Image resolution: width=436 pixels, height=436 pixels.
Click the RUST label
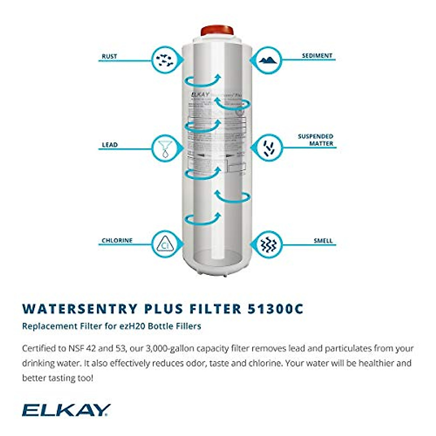pyautogui.click(x=109, y=56)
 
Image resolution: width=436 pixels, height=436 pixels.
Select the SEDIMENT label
pyautogui.click(x=317, y=56)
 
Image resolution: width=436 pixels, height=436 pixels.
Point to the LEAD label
pyautogui.click(x=110, y=145)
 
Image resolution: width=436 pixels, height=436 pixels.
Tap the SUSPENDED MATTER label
pyautogui.click(x=315, y=140)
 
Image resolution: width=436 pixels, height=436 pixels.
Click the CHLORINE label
pyautogui.click(x=117, y=241)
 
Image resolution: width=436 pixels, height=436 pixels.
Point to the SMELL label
pyautogui.click(x=323, y=241)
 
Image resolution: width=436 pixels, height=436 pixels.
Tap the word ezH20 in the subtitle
pyautogui.click(x=133, y=326)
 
